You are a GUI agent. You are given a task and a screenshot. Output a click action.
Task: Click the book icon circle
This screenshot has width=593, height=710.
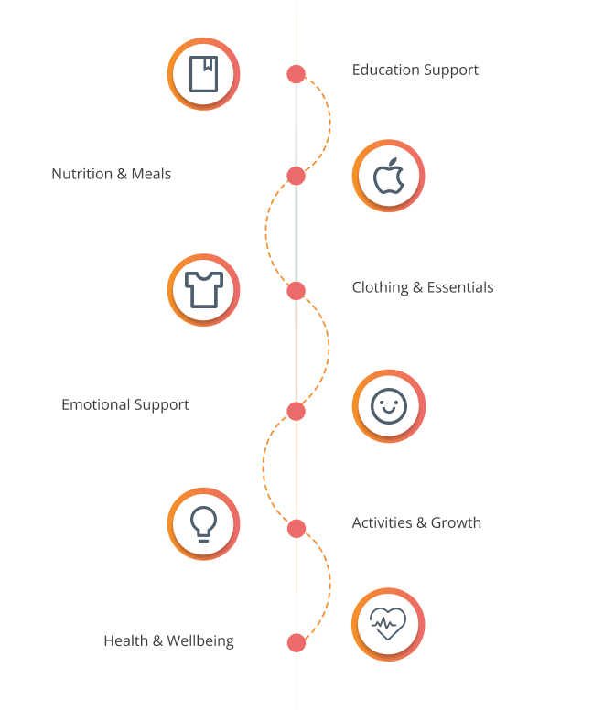tap(203, 74)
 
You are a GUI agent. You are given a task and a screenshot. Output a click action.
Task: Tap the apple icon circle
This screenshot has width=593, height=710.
tap(389, 176)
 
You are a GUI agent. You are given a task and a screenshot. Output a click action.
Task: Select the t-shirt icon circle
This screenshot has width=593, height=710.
tap(203, 290)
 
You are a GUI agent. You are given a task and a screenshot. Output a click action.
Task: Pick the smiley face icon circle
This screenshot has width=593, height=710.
tap(389, 406)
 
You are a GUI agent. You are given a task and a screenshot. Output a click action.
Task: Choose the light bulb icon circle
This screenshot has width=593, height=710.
tap(203, 523)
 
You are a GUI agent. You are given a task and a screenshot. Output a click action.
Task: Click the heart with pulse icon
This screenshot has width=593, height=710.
tap(389, 625)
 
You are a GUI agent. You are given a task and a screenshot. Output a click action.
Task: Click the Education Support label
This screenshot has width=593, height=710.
tap(415, 70)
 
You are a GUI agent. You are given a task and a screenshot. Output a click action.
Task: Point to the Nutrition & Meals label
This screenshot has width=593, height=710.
tap(111, 174)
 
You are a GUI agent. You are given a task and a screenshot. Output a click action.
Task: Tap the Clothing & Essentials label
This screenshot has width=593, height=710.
tap(423, 287)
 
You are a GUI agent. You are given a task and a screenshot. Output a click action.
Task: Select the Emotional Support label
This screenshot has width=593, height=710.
tap(125, 404)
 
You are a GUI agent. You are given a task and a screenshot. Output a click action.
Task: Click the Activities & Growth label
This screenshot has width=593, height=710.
tap(416, 523)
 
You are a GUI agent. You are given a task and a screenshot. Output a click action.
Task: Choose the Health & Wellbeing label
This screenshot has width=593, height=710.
tap(168, 641)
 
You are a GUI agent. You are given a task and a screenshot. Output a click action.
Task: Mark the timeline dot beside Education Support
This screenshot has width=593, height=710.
tap(296, 74)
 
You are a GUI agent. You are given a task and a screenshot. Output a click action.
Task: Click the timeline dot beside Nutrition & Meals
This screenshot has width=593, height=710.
tap(295, 175)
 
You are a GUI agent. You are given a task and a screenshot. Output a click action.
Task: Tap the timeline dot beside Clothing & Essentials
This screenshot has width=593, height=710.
tap(296, 291)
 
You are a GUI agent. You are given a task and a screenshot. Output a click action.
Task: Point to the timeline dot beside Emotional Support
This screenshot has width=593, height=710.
tap(295, 411)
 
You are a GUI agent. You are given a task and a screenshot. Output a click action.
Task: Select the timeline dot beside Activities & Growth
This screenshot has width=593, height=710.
tap(296, 528)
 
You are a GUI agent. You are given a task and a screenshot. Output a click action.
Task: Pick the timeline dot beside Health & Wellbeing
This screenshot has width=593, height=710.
tap(296, 642)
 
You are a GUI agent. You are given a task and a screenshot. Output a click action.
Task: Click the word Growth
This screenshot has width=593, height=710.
tap(456, 523)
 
